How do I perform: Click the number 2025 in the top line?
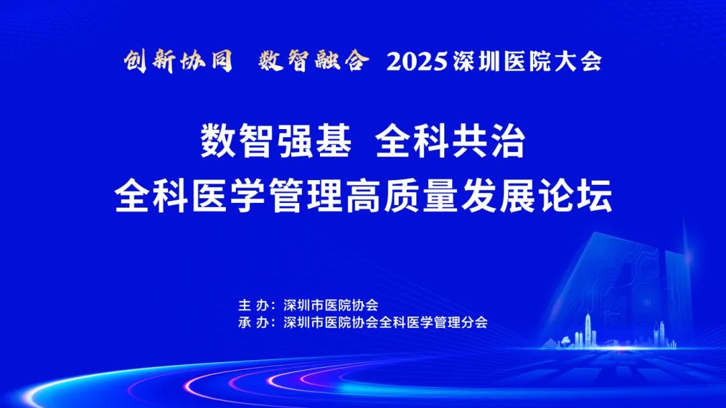tap(417, 62)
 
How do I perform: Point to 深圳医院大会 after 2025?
tap(528, 62)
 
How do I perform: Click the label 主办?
tap(253, 305)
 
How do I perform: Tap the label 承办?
tap(253, 323)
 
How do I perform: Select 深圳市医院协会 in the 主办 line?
tap(331, 305)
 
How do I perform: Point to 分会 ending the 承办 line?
tap(474, 323)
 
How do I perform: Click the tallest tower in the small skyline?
tap(588, 329)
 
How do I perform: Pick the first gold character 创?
tap(135, 61)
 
